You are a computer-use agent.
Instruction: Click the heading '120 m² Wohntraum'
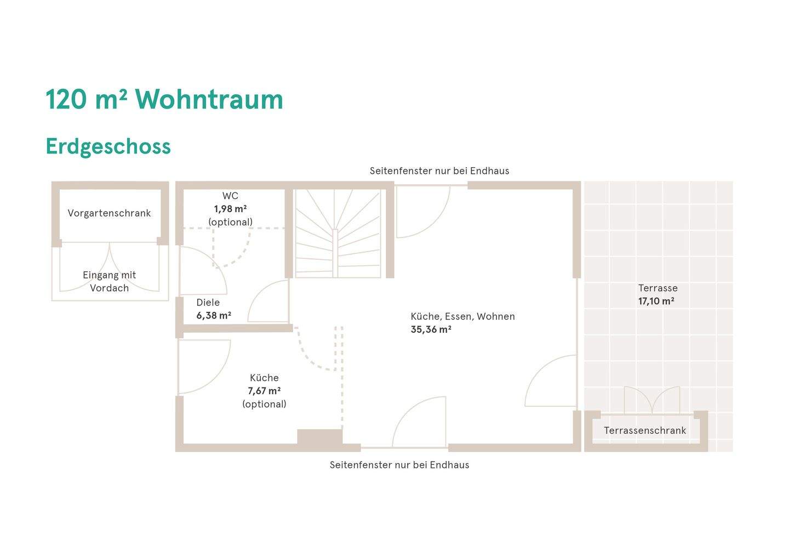click(x=164, y=99)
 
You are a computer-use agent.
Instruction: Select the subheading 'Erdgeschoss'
click(x=108, y=146)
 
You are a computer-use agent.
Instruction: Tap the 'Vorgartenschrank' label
click(x=109, y=213)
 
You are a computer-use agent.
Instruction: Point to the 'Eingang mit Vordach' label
click(x=109, y=281)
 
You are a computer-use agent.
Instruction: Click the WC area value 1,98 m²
click(x=230, y=209)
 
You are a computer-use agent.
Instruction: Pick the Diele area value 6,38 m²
click(x=214, y=315)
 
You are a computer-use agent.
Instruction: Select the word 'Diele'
click(x=208, y=302)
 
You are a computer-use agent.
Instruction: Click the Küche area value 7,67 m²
click(x=264, y=391)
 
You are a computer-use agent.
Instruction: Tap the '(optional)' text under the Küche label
click(x=264, y=404)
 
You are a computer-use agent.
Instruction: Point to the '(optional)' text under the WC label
click(x=230, y=222)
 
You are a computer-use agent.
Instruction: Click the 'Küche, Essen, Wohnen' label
click(x=462, y=316)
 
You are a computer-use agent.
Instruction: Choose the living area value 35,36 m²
click(x=431, y=329)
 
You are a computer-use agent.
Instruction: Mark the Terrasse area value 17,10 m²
click(x=656, y=301)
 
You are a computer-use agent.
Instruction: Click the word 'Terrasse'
click(x=658, y=288)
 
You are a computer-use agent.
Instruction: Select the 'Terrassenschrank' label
click(x=645, y=430)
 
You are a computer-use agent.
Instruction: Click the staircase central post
click(x=335, y=253)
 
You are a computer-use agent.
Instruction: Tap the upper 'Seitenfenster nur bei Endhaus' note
click(x=439, y=171)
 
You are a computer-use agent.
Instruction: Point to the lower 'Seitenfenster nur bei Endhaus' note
click(x=399, y=465)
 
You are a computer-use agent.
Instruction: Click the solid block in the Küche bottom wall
click(x=320, y=437)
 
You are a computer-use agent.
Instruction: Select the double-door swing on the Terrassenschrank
click(x=652, y=400)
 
